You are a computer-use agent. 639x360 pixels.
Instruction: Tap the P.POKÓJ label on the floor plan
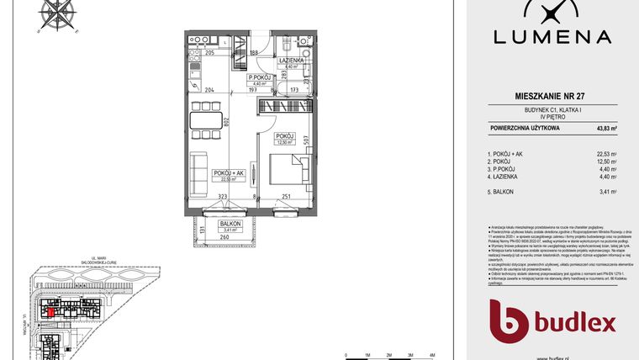tap(258, 78)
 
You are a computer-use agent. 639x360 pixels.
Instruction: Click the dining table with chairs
tap(204, 119)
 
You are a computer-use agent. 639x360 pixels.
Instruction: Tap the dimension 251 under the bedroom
tap(287, 196)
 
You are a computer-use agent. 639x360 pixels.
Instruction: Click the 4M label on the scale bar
tap(431, 356)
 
